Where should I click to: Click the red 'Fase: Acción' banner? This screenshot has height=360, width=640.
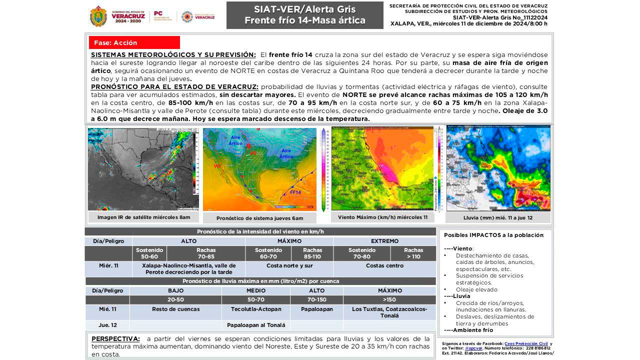[134, 42]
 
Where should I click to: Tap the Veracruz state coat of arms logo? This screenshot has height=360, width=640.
[98, 16]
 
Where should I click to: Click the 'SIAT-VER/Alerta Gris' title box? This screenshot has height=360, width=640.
[304, 15]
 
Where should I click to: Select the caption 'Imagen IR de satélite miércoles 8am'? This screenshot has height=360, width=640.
[143, 217]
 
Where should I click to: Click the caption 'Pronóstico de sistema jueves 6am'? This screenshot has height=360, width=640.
[259, 218]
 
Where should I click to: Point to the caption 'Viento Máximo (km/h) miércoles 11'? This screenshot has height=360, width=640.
[382, 217]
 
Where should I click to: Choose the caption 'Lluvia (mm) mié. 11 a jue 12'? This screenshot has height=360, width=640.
[498, 217]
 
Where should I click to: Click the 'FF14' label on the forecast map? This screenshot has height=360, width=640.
[296, 192]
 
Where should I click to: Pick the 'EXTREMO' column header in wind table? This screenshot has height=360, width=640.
[384, 241]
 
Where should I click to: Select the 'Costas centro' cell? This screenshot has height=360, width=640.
[384, 265]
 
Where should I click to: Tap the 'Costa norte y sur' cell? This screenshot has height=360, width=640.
[289, 265]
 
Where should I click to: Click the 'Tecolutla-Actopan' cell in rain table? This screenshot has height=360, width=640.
[256, 309]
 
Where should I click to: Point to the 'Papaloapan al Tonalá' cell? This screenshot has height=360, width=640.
[256, 325]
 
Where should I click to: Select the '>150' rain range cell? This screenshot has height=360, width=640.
[389, 300]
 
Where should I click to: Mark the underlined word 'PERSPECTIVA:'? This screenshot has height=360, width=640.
[115, 339]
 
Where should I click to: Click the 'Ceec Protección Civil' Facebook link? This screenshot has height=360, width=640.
[526, 343]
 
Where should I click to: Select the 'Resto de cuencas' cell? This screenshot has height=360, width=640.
[175, 309]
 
